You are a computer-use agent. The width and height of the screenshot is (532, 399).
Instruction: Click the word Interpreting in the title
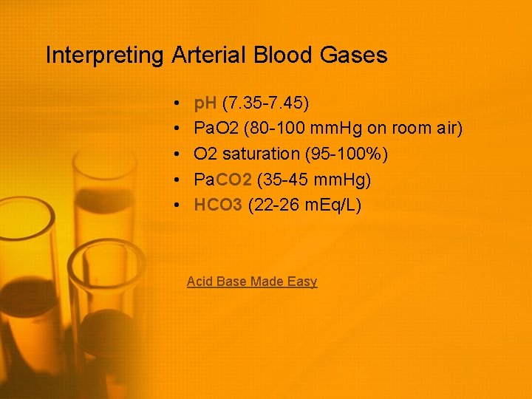pyautogui.click(x=105, y=55)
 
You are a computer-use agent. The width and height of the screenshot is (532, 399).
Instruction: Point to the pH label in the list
pyautogui.click(x=205, y=103)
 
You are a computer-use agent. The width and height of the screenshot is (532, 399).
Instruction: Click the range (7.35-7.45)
pyautogui.click(x=265, y=103)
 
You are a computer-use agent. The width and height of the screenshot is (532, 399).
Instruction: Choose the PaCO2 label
pyautogui.click(x=223, y=180)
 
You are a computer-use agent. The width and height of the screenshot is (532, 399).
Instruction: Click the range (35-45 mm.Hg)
pyautogui.click(x=314, y=180)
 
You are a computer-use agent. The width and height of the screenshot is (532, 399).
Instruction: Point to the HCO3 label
pyautogui.click(x=218, y=205)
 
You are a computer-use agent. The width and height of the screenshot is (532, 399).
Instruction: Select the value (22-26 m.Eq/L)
pyautogui.click(x=305, y=205)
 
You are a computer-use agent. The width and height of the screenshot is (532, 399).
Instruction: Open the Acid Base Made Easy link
pyautogui.click(x=252, y=282)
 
